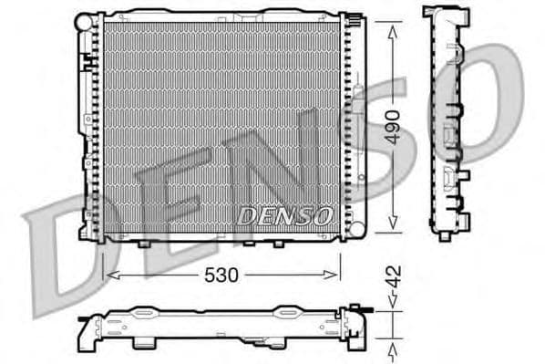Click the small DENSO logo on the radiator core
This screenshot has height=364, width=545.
pos(286,215)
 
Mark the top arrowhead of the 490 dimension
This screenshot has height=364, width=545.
pos(393,27)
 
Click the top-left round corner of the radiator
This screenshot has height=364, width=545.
pos(83,17)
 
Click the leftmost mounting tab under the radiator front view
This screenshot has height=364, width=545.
pos(146,244)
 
